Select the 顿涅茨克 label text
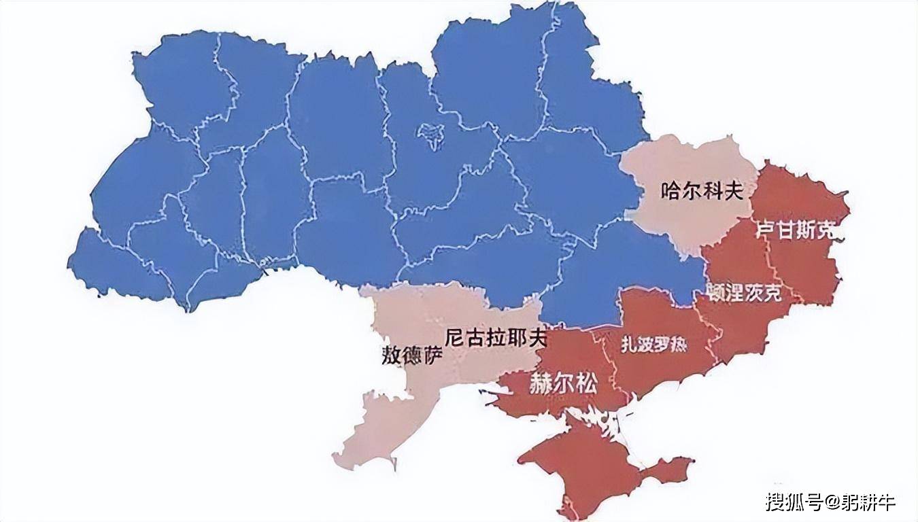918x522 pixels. [744, 293]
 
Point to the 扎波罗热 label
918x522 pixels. [653, 345]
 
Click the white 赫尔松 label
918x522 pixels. [563, 385]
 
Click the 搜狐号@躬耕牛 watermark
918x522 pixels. [830, 502]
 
